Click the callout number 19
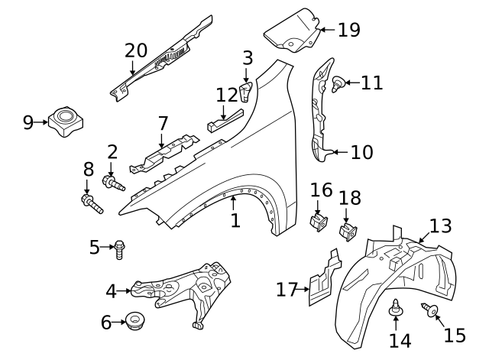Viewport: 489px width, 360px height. [x=348, y=30]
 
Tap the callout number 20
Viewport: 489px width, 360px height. [x=136, y=51]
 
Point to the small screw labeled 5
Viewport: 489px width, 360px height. [x=121, y=247]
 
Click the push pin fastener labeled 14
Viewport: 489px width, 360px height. [x=397, y=309]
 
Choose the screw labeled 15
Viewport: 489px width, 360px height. [x=430, y=310]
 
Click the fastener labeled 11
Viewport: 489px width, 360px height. [x=338, y=84]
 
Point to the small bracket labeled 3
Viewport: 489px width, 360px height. [x=246, y=94]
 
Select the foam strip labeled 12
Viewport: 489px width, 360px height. [x=224, y=119]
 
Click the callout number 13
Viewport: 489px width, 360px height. [x=441, y=225]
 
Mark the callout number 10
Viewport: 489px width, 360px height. [x=361, y=152]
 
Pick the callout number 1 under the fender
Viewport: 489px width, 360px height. [x=235, y=221]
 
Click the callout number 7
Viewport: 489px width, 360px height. [x=162, y=123]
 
